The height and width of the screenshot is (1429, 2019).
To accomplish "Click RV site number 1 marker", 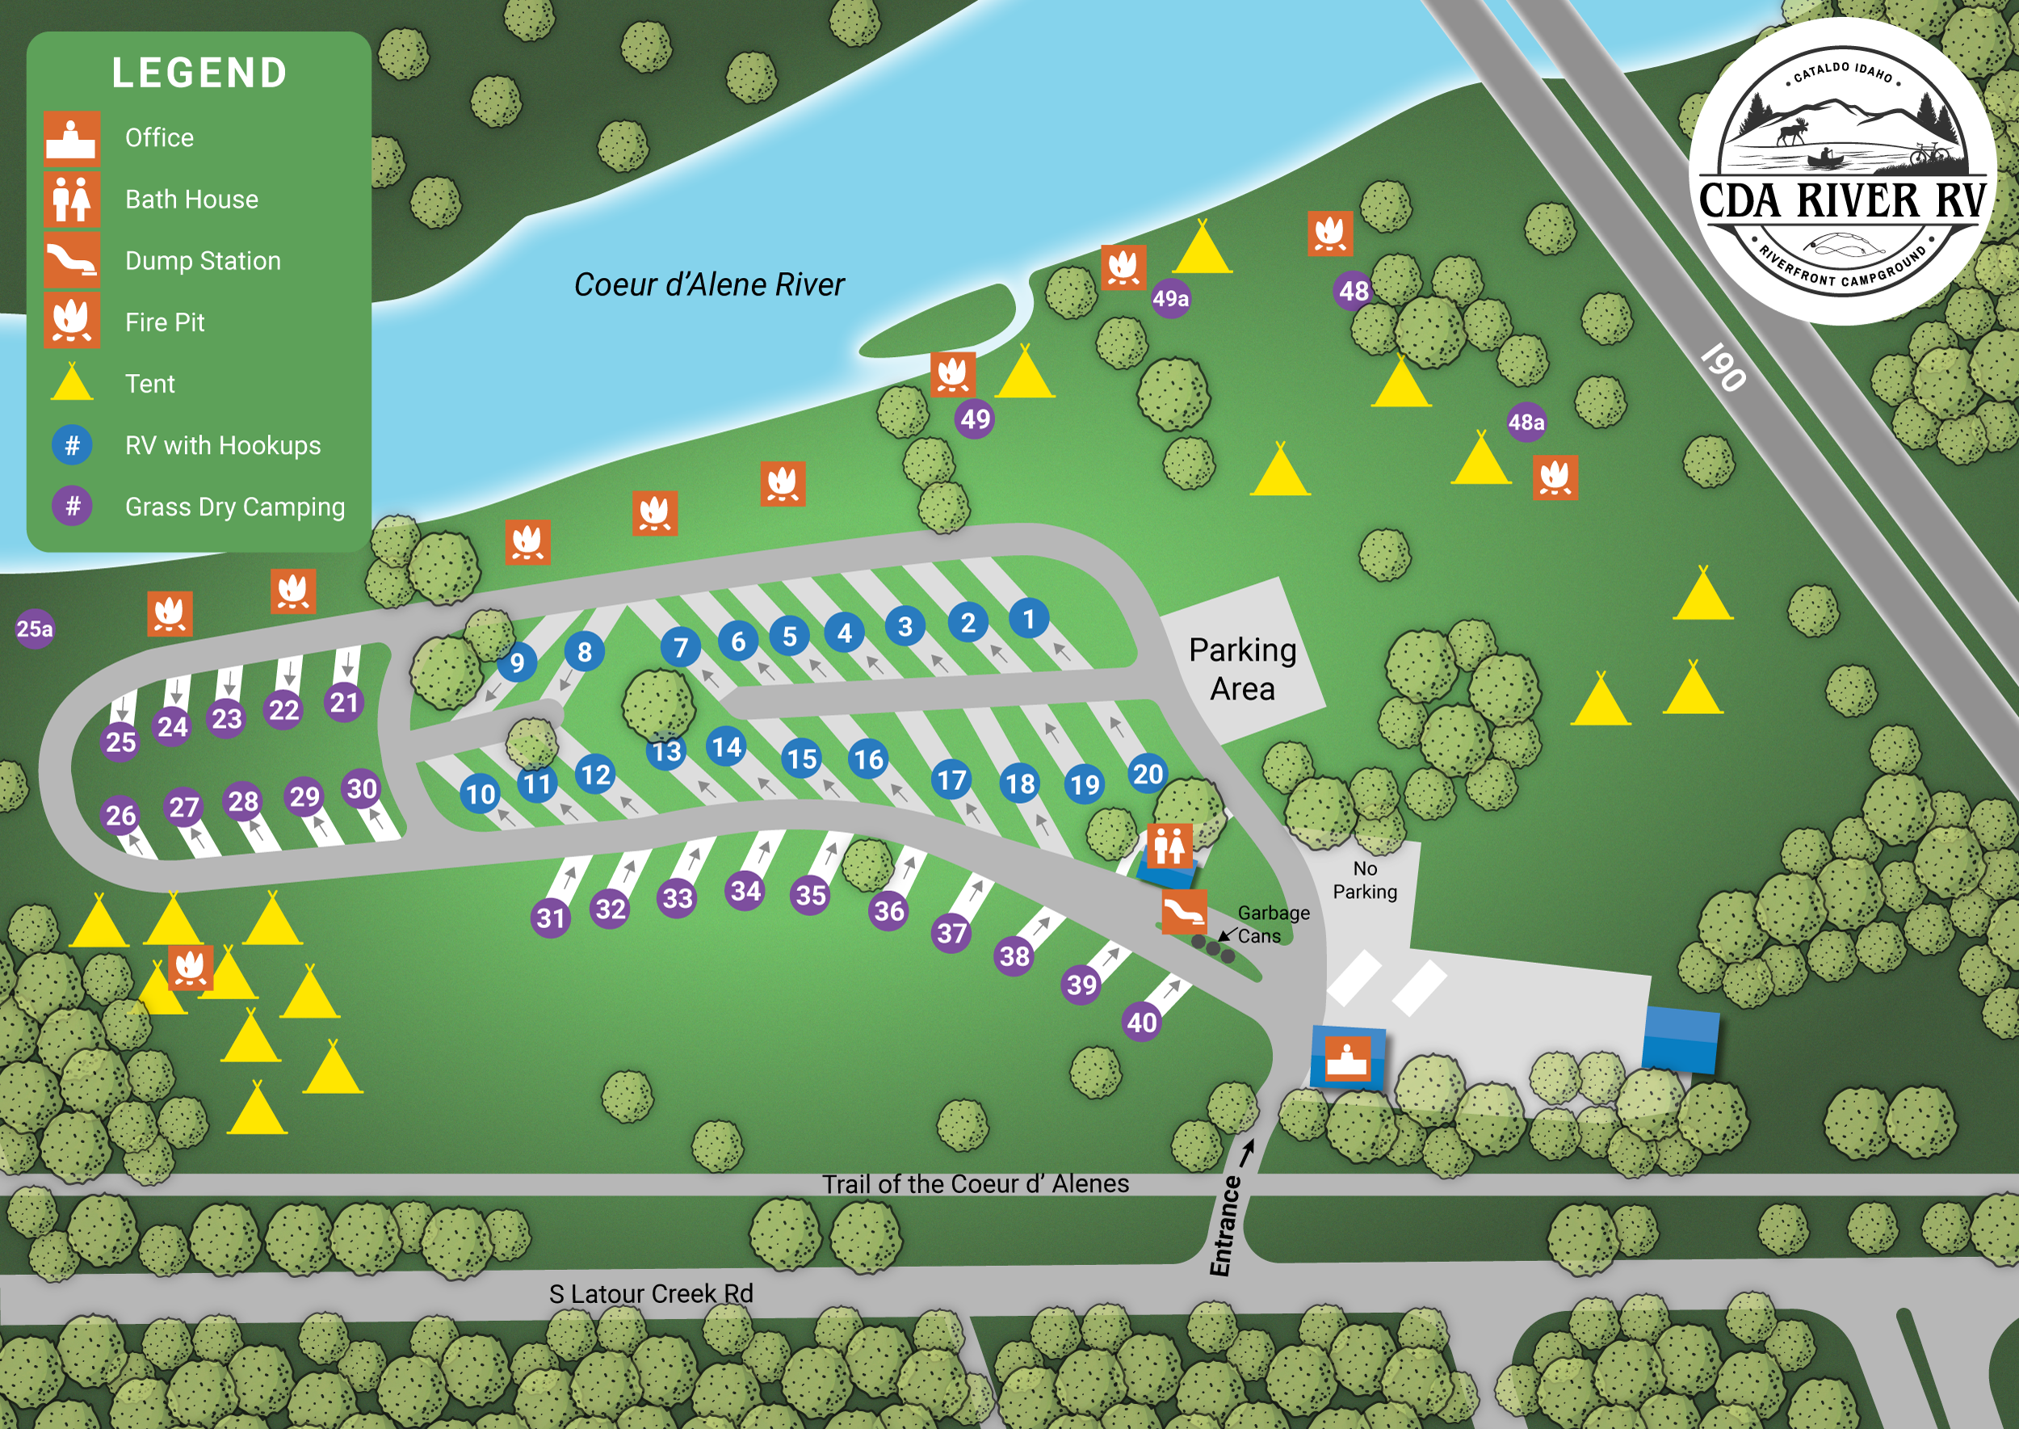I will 1028,619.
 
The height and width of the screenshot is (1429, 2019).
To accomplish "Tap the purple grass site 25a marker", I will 36,628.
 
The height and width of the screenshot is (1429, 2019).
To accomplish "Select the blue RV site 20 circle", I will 1147,773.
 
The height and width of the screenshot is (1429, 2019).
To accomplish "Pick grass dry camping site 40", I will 1142,1022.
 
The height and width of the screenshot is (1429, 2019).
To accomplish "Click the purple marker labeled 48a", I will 1526,422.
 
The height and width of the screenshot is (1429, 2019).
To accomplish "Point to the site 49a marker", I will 1171,299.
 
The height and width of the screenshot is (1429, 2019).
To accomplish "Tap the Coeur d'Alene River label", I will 708,284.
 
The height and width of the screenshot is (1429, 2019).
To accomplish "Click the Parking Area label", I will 1242,669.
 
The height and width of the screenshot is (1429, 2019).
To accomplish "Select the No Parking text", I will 1365,880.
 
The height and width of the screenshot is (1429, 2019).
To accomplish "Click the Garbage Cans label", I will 1273,924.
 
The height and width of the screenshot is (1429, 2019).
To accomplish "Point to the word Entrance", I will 1224,1225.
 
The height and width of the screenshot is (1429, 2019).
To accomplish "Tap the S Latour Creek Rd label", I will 651,1293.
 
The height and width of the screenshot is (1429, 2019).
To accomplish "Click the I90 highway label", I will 1723,366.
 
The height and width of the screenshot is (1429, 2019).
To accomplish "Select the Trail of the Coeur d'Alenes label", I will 975,1183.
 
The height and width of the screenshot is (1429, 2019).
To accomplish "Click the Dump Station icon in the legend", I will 72,260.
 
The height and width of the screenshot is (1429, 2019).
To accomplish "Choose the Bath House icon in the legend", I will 72,199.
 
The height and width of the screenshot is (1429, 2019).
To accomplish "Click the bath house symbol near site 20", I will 1169,846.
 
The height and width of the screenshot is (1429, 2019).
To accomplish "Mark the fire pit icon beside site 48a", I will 1555,477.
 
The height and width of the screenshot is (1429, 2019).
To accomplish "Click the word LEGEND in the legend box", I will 199,73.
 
